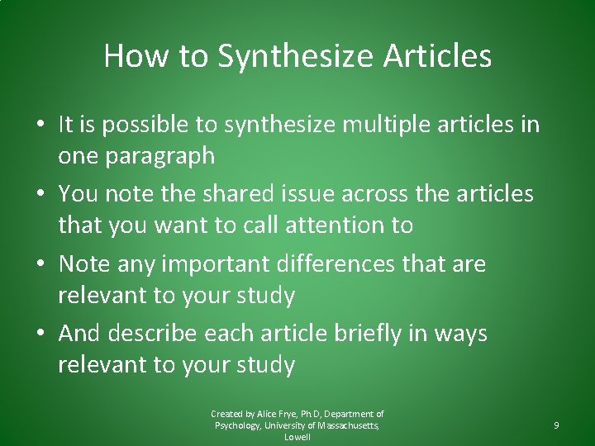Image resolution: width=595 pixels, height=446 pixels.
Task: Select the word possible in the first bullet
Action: point(145,126)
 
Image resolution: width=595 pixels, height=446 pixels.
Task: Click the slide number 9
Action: point(556,425)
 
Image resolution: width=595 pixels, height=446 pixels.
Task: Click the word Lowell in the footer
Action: point(297,437)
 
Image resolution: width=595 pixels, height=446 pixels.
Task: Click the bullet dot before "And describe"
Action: point(40,334)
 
